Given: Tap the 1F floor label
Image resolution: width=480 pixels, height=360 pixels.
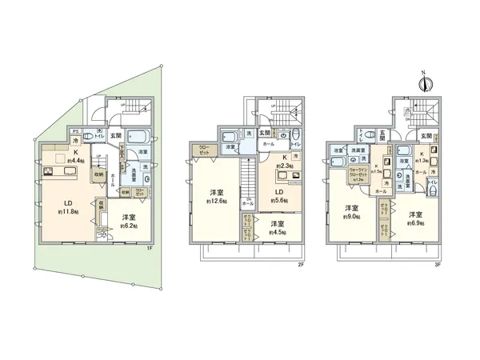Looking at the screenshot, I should tap(150, 249).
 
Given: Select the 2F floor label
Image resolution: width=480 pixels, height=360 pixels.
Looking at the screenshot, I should tap(304, 262).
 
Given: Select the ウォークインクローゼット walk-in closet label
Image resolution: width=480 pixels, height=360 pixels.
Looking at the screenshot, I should tap(359, 175).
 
